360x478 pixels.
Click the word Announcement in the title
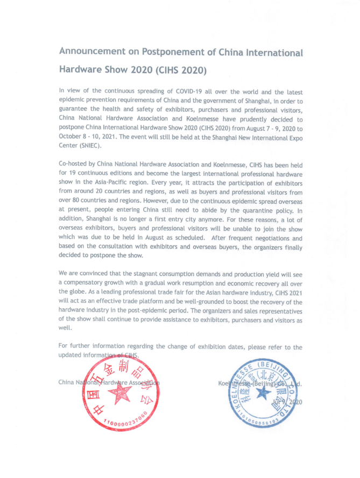click(x=86, y=52)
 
